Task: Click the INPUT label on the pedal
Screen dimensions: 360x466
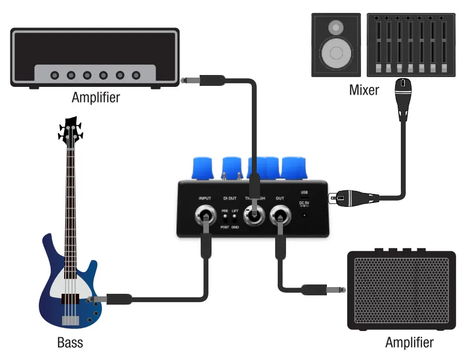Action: pyautogui.click(x=204, y=198)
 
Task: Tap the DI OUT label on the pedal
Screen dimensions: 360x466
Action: pyautogui.click(x=230, y=198)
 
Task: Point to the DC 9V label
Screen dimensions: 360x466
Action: pyautogui.click(x=304, y=203)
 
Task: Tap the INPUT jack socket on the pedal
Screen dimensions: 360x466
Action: pyautogui.click(x=204, y=216)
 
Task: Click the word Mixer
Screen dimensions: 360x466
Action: pyautogui.click(x=364, y=90)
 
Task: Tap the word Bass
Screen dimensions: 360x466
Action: pyautogui.click(x=70, y=342)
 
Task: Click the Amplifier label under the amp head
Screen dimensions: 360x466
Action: pyautogui.click(x=96, y=97)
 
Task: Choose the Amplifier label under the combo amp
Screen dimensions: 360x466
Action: pyautogui.click(x=409, y=342)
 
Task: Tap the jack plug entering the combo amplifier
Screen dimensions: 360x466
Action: pyautogui.click(x=323, y=289)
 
